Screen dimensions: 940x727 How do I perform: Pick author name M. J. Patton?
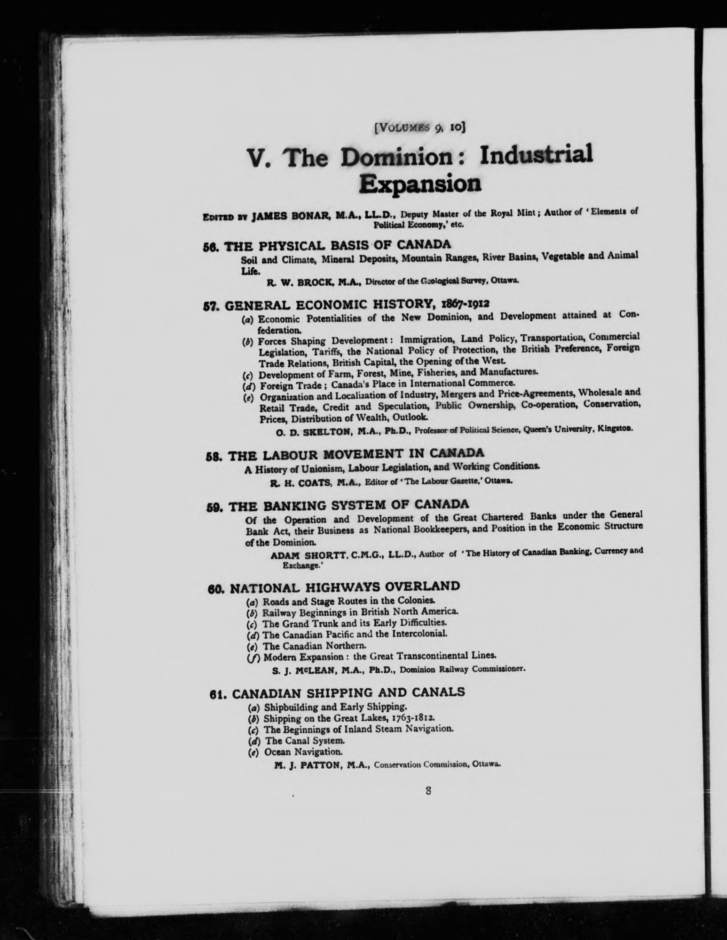308,765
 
